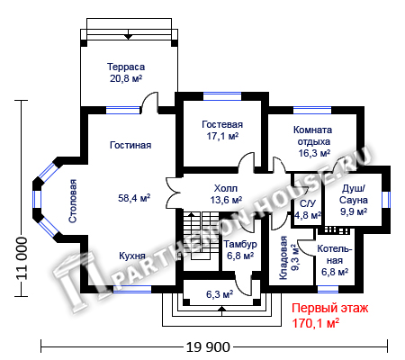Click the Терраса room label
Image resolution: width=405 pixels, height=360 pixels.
click(x=126, y=67)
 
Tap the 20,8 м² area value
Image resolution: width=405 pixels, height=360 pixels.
click(x=126, y=78)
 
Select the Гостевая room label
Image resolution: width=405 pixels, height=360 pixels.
click(x=222, y=124)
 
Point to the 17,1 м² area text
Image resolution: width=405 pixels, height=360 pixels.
click(x=222, y=136)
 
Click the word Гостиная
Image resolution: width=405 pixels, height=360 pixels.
click(x=130, y=145)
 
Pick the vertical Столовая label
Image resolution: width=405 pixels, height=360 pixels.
click(x=73, y=201)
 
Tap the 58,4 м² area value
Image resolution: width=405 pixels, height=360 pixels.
click(x=134, y=198)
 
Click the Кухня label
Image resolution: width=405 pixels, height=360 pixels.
click(x=132, y=256)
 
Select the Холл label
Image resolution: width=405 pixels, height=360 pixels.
click(x=226, y=188)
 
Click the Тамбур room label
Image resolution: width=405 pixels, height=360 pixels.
click(x=240, y=244)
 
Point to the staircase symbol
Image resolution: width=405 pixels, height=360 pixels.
click(x=201, y=236)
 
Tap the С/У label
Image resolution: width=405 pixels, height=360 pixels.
click(x=308, y=203)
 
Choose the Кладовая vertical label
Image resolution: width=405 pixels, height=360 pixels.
click(x=283, y=258)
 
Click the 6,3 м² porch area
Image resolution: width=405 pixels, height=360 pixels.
click(x=220, y=294)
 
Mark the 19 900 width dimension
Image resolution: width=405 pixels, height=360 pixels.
click(x=208, y=347)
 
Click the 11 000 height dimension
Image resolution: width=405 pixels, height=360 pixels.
click(x=22, y=258)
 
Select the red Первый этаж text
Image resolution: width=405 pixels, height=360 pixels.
click(x=330, y=309)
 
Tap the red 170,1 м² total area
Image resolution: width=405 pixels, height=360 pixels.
click(x=316, y=323)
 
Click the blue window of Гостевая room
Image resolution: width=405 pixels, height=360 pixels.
click(x=222, y=96)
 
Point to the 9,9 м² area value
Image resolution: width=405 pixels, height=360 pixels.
click(x=354, y=211)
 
